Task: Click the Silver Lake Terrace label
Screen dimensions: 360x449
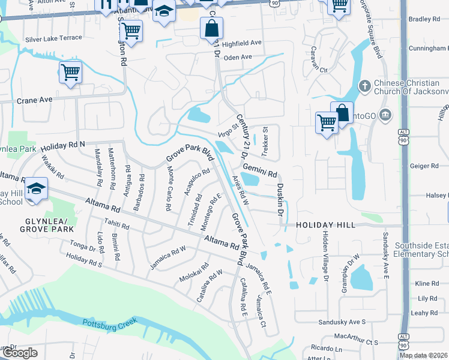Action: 53,38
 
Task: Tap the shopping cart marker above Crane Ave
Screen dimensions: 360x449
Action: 70,73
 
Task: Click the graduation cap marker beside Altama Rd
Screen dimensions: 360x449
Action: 36,188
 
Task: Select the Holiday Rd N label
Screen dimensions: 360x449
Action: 62,145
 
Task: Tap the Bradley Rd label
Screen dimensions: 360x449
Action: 424,19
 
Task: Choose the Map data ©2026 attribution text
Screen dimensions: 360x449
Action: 424,355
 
